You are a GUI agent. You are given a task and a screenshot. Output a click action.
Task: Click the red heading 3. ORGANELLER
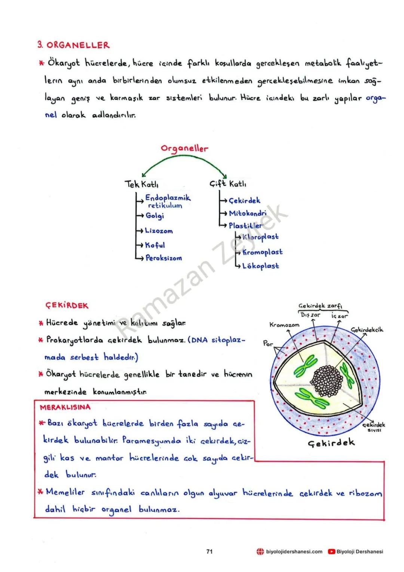tap(73, 45)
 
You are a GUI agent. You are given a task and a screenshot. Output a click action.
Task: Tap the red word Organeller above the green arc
tap(184, 148)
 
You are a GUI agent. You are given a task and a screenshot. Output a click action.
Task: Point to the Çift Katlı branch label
tap(228, 184)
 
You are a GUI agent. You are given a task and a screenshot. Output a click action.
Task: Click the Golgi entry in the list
tap(155, 216)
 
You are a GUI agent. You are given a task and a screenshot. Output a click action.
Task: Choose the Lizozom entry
tap(159, 231)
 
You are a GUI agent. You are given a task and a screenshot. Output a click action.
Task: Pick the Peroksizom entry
tap(164, 258)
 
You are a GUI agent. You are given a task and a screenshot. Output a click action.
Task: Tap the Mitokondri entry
tap(247, 213)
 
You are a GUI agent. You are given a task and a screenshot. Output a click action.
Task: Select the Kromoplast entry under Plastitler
tap(262, 252)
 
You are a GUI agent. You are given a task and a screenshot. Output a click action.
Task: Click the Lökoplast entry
tap(261, 266)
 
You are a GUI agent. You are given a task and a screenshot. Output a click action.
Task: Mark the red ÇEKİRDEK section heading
tap(67, 305)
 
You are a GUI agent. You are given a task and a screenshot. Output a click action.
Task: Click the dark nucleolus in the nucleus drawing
tap(327, 381)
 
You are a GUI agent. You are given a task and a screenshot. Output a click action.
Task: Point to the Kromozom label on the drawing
tap(284, 325)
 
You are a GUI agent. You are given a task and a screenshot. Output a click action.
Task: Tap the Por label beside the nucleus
tap(268, 343)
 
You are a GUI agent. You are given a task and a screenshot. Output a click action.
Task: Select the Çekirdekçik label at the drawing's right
tap(367, 330)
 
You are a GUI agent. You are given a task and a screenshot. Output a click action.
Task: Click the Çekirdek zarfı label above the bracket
tap(322, 305)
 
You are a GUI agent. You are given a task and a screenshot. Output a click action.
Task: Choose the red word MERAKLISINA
tap(65, 407)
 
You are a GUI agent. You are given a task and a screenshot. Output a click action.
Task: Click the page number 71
tap(209, 551)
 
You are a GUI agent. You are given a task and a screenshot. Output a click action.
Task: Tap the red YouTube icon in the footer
tap(331, 551)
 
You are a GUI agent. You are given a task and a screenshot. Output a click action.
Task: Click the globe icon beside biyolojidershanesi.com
tap(260, 551)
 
